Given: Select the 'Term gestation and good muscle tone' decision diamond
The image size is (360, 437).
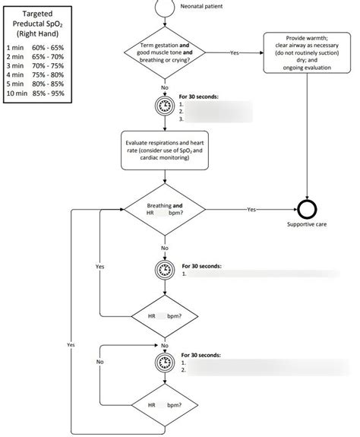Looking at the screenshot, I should pyautogui.click(x=165, y=52).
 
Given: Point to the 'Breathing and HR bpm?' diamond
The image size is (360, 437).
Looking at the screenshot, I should pyautogui.click(x=165, y=209).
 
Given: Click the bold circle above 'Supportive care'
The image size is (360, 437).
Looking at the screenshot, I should pyautogui.click(x=306, y=209).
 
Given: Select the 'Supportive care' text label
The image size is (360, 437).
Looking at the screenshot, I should pyautogui.click(x=306, y=224).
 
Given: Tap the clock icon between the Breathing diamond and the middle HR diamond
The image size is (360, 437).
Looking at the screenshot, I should pyautogui.click(x=165, y=270).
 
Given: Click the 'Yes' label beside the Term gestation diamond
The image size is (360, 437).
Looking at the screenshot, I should pyautogui.click(x=234, y=52).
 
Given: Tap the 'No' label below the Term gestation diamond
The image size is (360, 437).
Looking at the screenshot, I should pyautogui.click(x=165, y=87).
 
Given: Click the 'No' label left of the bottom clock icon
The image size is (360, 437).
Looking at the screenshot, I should pyautogui.click(x=99, y=362).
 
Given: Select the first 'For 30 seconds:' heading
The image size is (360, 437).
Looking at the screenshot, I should pyautogui.click(x=200, y=97).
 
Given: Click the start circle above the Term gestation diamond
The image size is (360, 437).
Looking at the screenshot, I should pyautogui.click(x=165, y=5).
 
